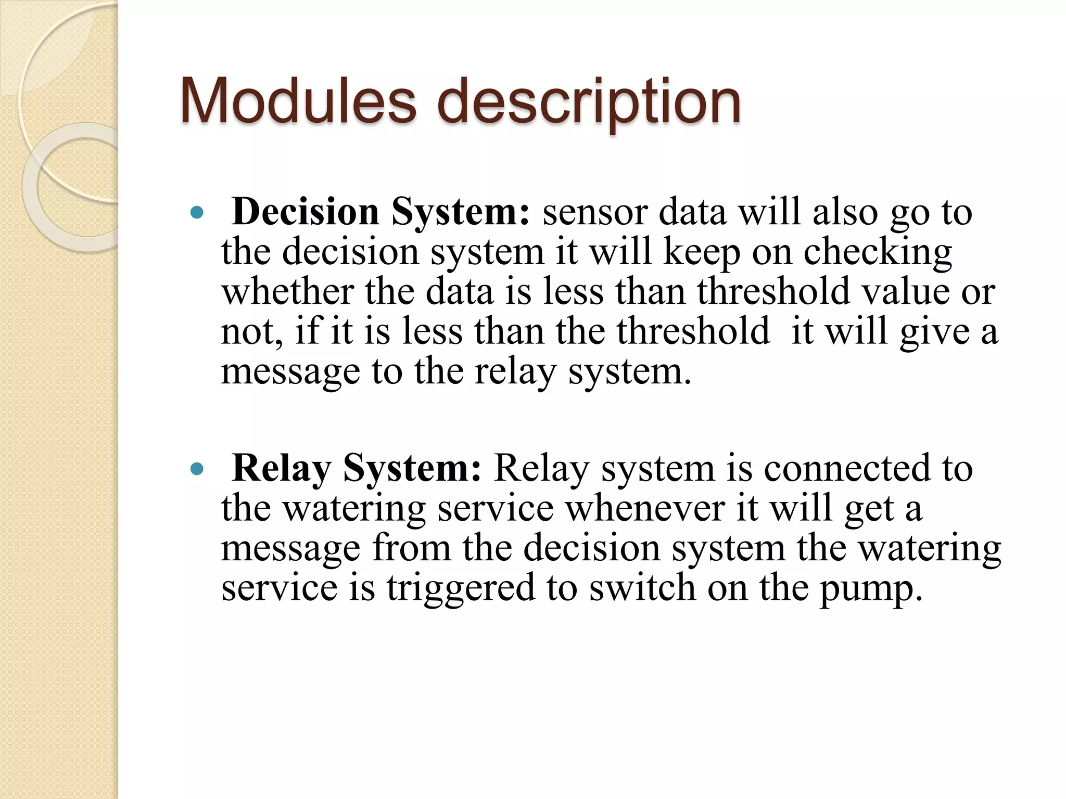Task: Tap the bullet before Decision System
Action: click(196, 212)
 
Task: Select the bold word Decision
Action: click(306, 212)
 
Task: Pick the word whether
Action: click(287, 291)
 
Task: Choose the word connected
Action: click(846, 468)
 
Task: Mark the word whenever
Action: click(645, 508)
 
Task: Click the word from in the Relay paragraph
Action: click(412, 548)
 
